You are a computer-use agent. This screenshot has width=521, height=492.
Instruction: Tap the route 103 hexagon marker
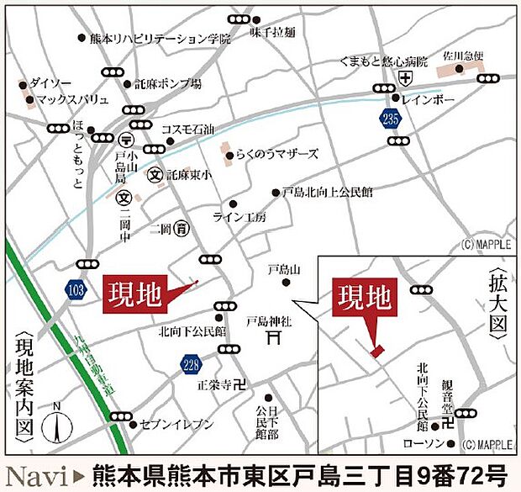pyautogui.click(x=77, y=288)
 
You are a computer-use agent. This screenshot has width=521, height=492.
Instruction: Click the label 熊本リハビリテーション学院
pyautogui.click(x=160, y=38)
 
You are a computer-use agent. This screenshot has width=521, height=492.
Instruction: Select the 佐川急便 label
pyautogui.click(x=465, y=56)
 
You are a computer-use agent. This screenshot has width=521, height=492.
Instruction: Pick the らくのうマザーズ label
pyautogui.click(x=277, y=154)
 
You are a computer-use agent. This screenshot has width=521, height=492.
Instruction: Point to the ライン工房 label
pyautogui.click(x=239, y=217)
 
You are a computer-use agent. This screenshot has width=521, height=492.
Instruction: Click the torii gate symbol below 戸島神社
pyautogui.click(x=271, y=337)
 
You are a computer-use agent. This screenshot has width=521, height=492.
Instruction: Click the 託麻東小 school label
pyautogui.click(x=189, y=176)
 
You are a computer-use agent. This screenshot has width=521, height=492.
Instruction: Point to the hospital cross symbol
pyautogui.click(x=406, y=79)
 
